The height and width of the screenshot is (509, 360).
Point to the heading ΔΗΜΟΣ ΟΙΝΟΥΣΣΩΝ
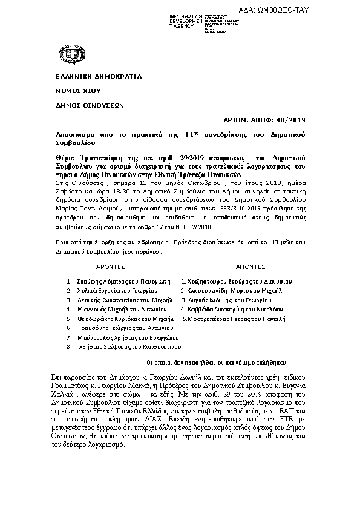[x=86, y=104]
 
